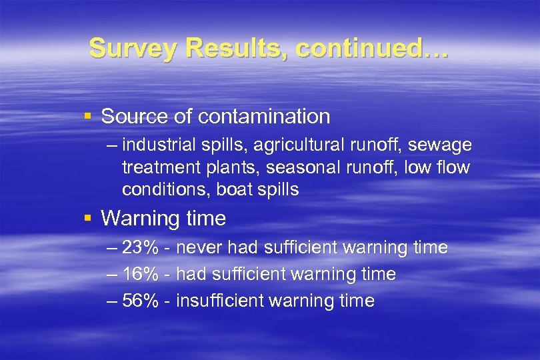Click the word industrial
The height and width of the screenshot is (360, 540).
[155, 145]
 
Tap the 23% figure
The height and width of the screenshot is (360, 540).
[140, 248]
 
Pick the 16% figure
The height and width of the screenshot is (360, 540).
[140, 274]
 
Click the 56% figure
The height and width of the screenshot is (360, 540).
[140, 301]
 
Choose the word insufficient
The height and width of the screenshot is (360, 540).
[219, 301]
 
